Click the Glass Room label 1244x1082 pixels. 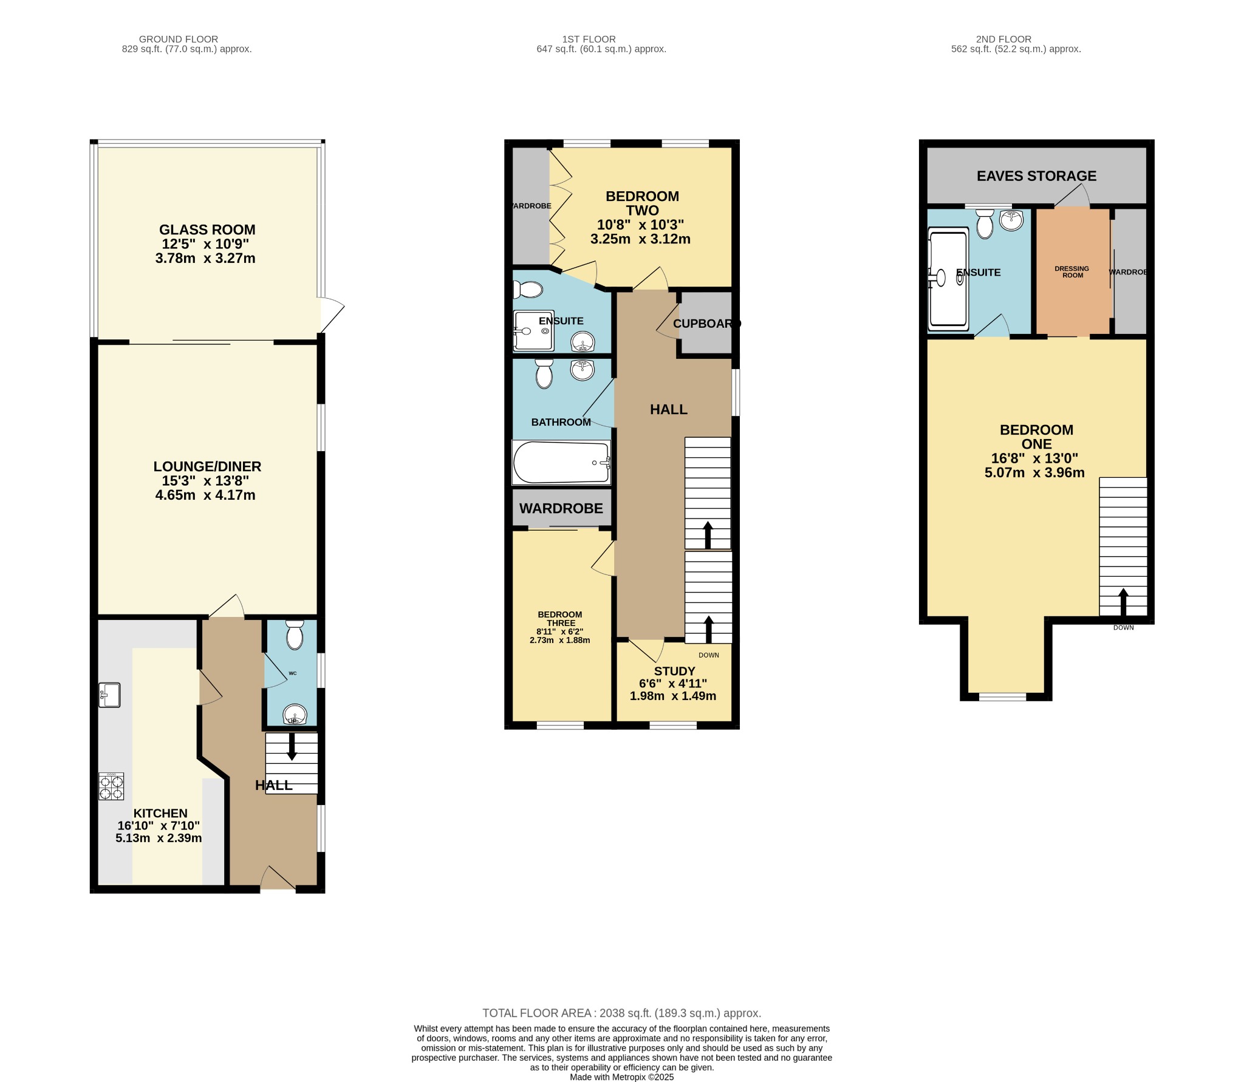207,230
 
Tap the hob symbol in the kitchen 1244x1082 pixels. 111,786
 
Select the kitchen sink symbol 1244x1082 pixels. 110,695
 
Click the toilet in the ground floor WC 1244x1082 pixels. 295,635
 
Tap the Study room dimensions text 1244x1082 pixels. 672,690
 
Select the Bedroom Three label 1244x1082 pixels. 560,619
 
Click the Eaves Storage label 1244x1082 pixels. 1036,176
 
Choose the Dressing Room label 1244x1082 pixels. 1072,272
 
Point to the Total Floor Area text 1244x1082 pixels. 621,1013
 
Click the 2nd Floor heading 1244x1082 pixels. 1016,39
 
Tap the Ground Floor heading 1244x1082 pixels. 178,39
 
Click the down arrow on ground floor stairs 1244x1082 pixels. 292,747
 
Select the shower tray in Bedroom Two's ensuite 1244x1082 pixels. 533,331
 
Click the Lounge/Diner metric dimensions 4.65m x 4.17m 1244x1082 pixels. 205,495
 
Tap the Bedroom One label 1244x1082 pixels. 1036,437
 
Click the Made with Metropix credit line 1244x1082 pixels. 621,1077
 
